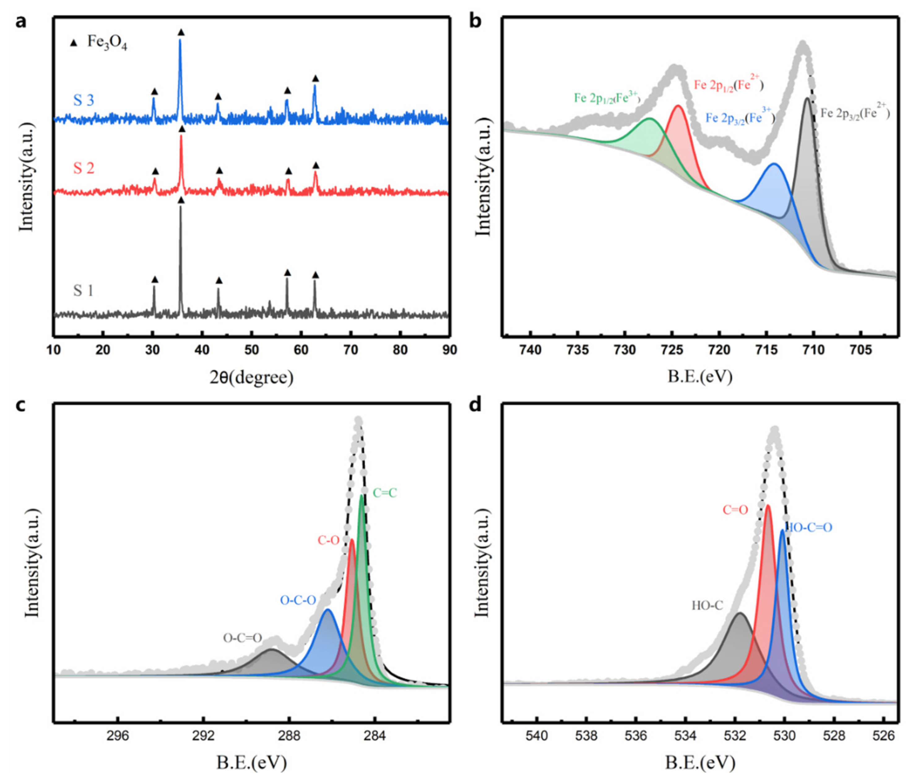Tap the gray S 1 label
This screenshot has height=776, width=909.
coord(83,290)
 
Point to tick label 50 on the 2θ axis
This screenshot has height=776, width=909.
coord(251,350)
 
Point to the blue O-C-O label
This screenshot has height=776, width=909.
coord(298,600)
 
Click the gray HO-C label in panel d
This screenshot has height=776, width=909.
coord(707,606)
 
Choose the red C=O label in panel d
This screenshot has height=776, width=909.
coord(735,510)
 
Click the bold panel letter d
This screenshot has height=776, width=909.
coord(475,405)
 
